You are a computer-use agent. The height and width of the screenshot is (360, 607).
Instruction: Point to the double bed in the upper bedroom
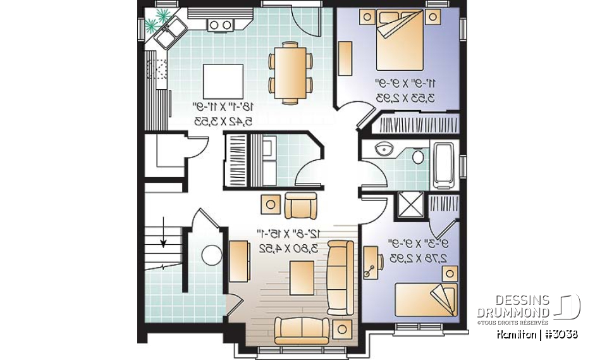click(x=403, y=42)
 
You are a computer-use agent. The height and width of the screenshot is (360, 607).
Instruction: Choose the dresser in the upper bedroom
click(x=346, y=59)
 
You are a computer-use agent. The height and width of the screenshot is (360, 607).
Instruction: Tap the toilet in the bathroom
click(x=418, y=156)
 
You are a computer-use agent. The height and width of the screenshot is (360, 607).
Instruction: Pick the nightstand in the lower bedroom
click(x=450, y=273)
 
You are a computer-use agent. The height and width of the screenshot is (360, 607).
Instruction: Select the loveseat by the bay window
click(x=301, y=329)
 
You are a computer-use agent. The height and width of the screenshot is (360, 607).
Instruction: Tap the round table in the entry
click(x=210, y=256)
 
